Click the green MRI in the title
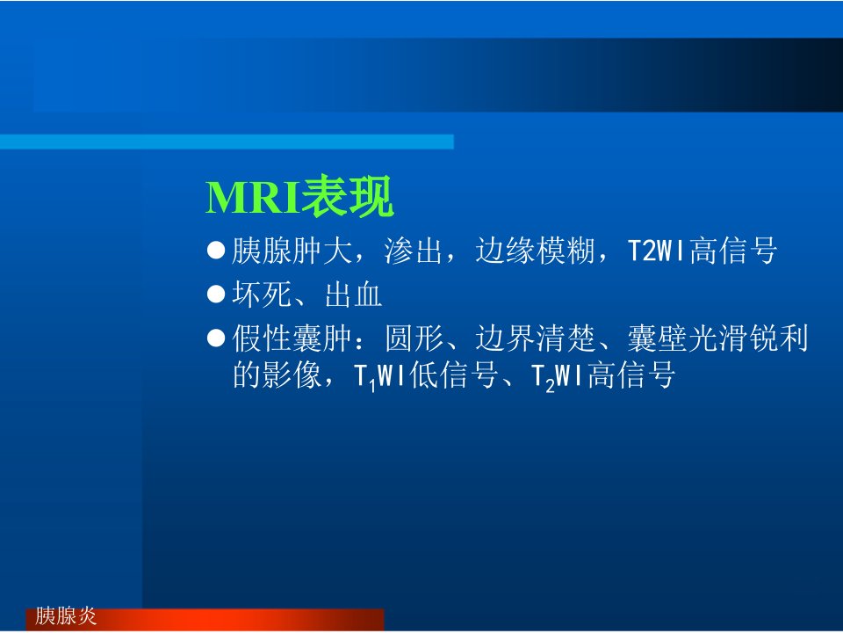pos(253,198)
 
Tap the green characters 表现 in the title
pos(348,196)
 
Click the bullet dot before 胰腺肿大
pos(216,251)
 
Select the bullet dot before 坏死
pos(216,295)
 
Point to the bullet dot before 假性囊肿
pos(216,338)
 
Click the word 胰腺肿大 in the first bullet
pos(292,251)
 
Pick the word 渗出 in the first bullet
pos(413,251)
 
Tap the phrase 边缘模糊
pos(535,251)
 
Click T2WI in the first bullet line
pos(657,251)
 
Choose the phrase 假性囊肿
pos(292,338)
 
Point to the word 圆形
pos(414,338)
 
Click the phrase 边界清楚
pos(535,338)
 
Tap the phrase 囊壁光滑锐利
pos(717,338)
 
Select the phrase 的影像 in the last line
pos(277,375)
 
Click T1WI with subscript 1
pos(380,376)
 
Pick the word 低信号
pos(453,375)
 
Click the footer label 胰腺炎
pos(66,615)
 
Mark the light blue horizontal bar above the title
pos(227,142)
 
